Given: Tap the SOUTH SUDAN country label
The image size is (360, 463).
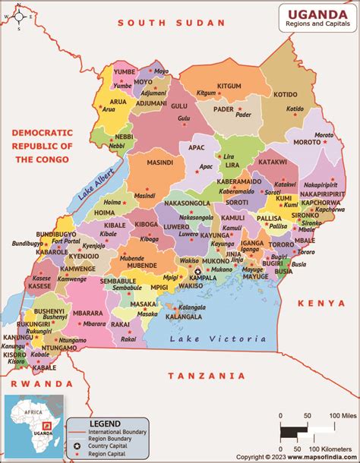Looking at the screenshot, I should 171,23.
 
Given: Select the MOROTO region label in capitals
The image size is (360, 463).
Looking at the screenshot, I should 308,141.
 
